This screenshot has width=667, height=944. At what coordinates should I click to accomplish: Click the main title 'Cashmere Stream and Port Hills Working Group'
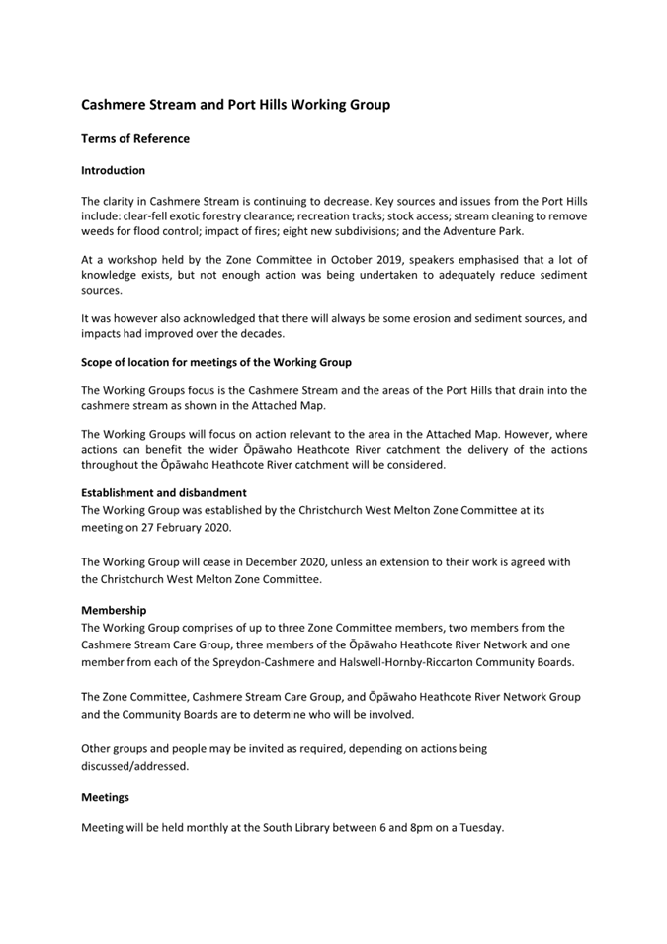235,104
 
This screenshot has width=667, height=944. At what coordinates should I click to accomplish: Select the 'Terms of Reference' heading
135,139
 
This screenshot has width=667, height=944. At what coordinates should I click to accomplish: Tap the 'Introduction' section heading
113,170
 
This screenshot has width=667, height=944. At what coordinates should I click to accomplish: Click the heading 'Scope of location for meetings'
215,362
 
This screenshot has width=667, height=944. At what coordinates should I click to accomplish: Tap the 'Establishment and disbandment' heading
164,492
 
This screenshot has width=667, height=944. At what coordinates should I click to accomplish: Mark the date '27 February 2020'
179,528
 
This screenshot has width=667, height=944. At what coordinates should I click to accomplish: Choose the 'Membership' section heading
114,611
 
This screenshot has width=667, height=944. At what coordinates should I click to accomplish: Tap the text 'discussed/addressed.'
134,766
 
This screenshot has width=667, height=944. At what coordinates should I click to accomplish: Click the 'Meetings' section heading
105,797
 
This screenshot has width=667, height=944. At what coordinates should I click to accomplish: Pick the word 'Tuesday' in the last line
479,828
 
